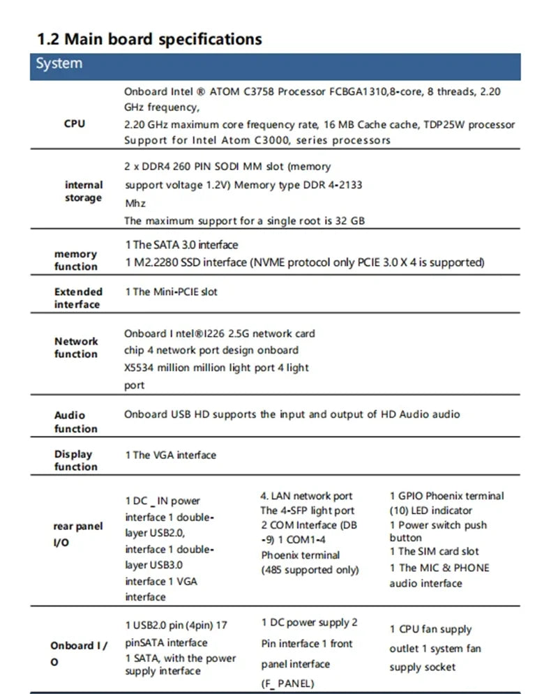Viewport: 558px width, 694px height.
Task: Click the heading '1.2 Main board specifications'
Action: point(149,38)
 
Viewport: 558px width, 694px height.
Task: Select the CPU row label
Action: point(74,123)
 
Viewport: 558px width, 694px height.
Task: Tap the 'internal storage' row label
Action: point(84,191)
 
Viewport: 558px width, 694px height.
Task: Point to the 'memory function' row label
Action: point(76,260)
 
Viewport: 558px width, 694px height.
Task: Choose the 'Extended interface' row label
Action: point(78,298)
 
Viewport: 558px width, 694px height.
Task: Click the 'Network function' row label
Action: point(76,347)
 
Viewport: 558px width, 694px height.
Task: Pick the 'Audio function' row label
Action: point(75,421)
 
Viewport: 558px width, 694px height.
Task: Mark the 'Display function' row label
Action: point(75,460)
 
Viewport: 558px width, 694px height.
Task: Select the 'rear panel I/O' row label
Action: point(78,533)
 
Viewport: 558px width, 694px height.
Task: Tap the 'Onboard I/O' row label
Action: point(78,653)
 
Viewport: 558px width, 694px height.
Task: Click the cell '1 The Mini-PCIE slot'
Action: point(171,292)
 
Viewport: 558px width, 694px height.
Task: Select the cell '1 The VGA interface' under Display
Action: point(171,455)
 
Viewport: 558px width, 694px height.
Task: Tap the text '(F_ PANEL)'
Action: point(287,684)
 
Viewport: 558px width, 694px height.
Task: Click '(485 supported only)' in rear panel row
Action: point(310,570)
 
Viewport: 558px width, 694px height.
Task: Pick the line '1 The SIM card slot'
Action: point(434,551)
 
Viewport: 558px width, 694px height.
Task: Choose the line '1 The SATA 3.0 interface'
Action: point(181,245)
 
